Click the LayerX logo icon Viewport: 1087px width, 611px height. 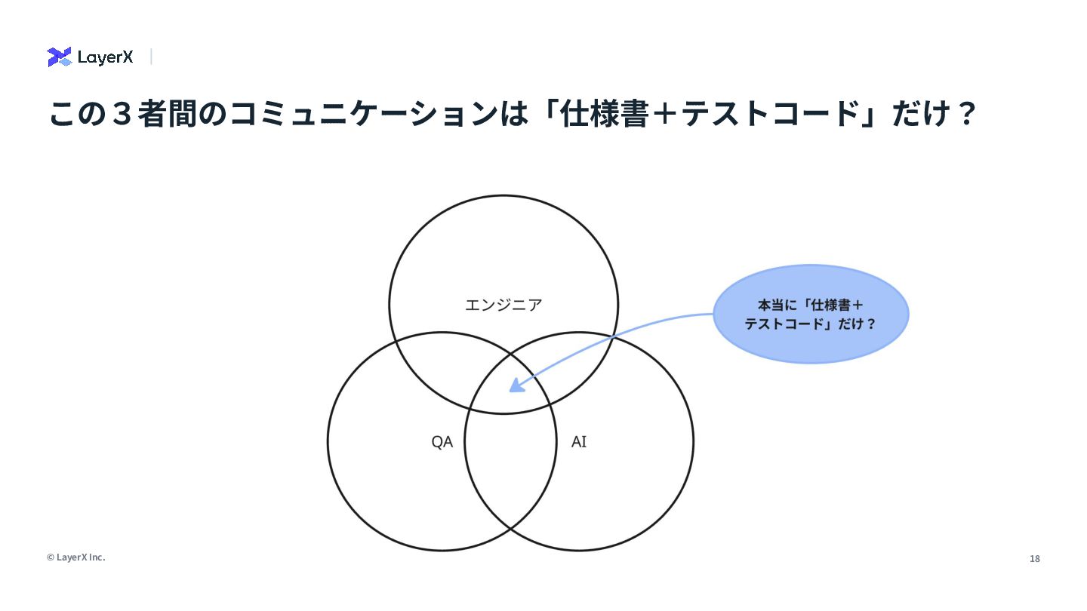tap(59, 57)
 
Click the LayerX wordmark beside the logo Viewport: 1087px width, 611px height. tap(105, 57)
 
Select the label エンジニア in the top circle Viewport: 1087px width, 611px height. tap(503, 305)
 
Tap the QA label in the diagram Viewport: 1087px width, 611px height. tap(442, 442)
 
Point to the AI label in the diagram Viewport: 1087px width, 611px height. tap(579, 442)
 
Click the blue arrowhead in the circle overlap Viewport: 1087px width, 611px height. tap(516, 385)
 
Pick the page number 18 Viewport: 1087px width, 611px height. tap(1034, 559)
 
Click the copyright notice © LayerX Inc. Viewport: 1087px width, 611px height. tap(75, 557)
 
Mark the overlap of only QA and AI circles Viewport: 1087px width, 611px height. tap(510, 468)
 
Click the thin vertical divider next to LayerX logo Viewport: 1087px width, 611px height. tap(151, 57)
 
